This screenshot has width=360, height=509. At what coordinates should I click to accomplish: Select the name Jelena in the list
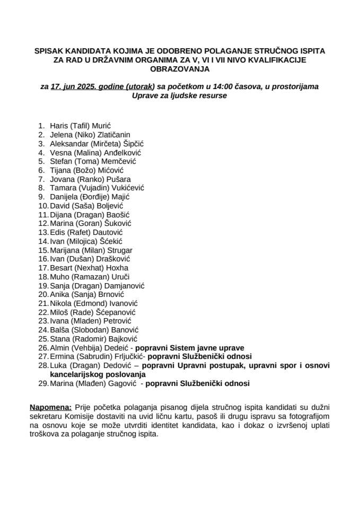[62, 135]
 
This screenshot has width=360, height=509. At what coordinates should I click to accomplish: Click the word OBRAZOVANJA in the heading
[180, 69]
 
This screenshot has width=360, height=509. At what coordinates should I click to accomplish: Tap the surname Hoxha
[124, 268]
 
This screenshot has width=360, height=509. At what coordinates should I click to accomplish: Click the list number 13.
[43, 232]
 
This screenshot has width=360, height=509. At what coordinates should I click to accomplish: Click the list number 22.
[43, 312]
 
